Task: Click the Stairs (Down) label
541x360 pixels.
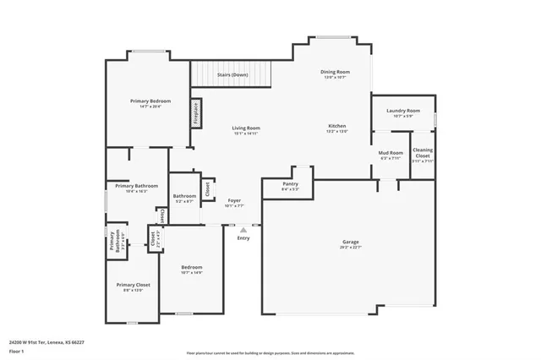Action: (232, 74)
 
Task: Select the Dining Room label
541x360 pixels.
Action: (335, 72)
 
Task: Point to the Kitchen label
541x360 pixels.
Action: (337, 126)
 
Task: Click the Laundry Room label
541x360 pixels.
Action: (403, 111)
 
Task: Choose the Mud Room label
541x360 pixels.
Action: (391, 153)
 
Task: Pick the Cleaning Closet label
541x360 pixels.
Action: (423, 155)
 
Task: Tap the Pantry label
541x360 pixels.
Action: (291, 183)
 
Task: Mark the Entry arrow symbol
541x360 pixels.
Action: (243, 229)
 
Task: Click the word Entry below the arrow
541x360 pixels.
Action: (243, 238)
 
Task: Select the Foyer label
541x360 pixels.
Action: (234, 200)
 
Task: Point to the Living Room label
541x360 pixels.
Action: (246, 128)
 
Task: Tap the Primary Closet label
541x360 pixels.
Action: (131, 285)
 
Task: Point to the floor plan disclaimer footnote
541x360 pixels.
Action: (270, 352)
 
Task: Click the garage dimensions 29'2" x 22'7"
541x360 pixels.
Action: (350, 248)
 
